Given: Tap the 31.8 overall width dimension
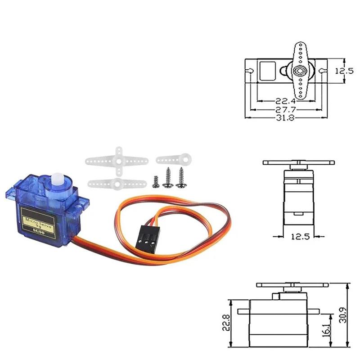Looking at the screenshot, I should click(x=285, y=118).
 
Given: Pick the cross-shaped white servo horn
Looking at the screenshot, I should click(x=118, y=160).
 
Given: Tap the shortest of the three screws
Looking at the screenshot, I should click(x=155, y=180).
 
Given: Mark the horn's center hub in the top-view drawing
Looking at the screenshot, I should click(x=298, y=71).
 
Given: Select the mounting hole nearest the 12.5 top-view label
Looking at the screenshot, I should click(x=323, y=71).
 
